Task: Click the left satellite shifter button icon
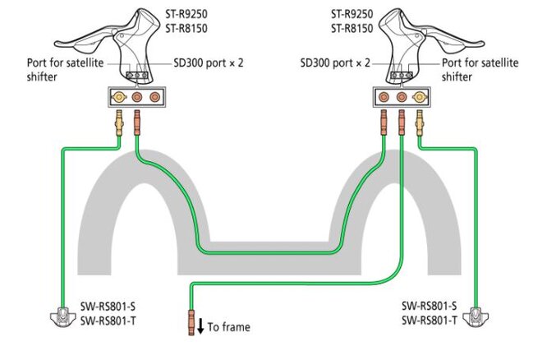[x=62, y=317]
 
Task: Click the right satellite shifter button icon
[x=476, y=317]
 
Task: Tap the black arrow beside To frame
[x=200, y=326]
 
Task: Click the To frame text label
[x=229, y=327]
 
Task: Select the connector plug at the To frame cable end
[x=191, y=322]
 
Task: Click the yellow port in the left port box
[x=119, y=97]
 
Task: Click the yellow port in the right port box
[x=420, y=97]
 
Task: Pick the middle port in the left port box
[x=136, y=97]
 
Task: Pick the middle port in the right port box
[x=402, y=97]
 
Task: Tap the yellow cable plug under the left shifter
[x=119, y=122]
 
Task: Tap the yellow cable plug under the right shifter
[x=420, y=122]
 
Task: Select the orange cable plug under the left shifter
[x=136, y=122]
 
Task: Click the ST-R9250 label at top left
[x=186, y=14]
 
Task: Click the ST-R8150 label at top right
[x=352, y=29]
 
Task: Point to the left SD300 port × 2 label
[x=209, y=63]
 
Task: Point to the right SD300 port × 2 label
[x=335, y=63]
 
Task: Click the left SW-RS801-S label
[x=108, y=307]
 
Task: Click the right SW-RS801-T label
[x=429, y=321]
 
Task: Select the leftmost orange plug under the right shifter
[x=384, y=122]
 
